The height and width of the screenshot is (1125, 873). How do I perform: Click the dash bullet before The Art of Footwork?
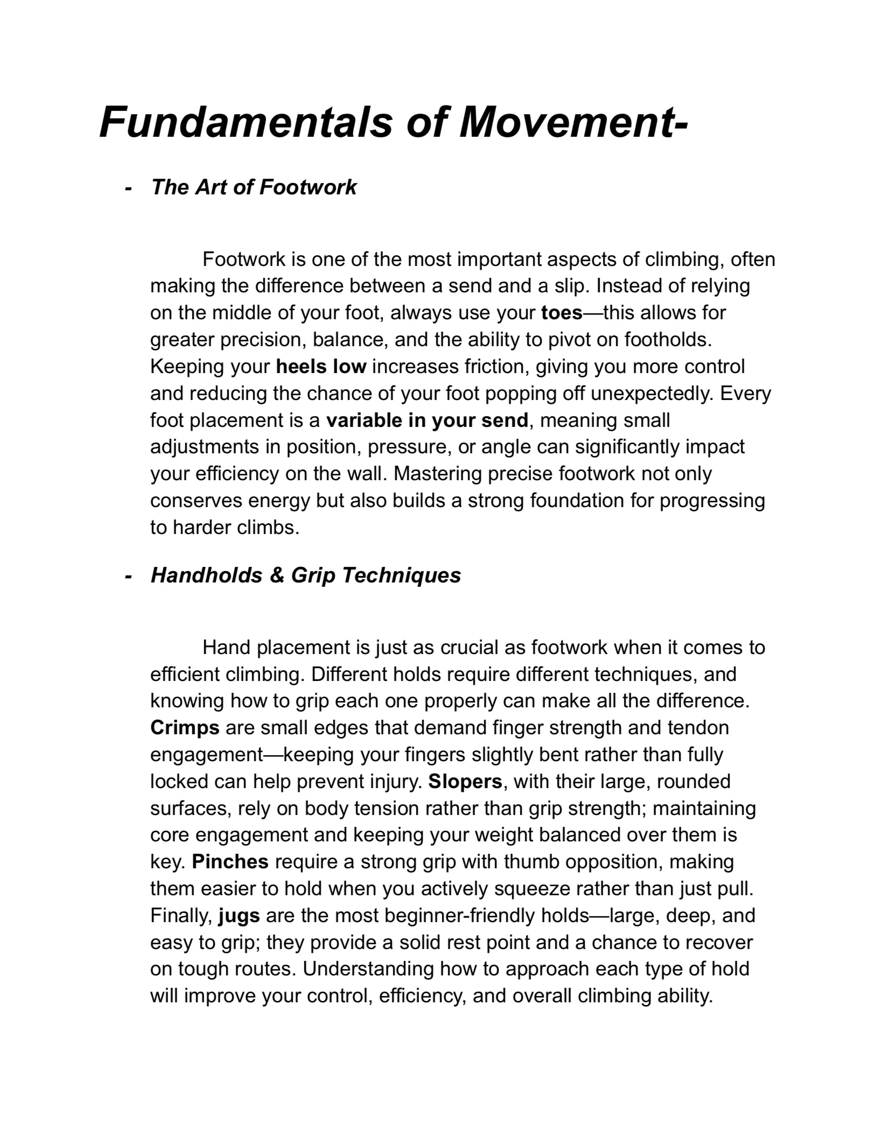coord(128,188)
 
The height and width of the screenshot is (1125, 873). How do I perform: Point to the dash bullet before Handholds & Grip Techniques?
coord(128,576)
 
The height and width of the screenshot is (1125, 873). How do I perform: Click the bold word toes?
coord(562,313)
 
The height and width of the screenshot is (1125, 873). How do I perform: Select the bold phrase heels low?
coord(321,367)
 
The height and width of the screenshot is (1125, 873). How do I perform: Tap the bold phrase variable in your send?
coord(427,420)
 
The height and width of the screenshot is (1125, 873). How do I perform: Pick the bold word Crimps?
coord(185,728)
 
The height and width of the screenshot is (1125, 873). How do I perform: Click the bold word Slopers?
coord(465,782)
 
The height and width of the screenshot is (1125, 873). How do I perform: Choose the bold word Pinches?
coord(230,862)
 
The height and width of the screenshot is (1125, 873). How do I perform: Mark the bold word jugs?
coord(239,916)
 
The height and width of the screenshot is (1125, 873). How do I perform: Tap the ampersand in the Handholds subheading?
coord(277,575)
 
